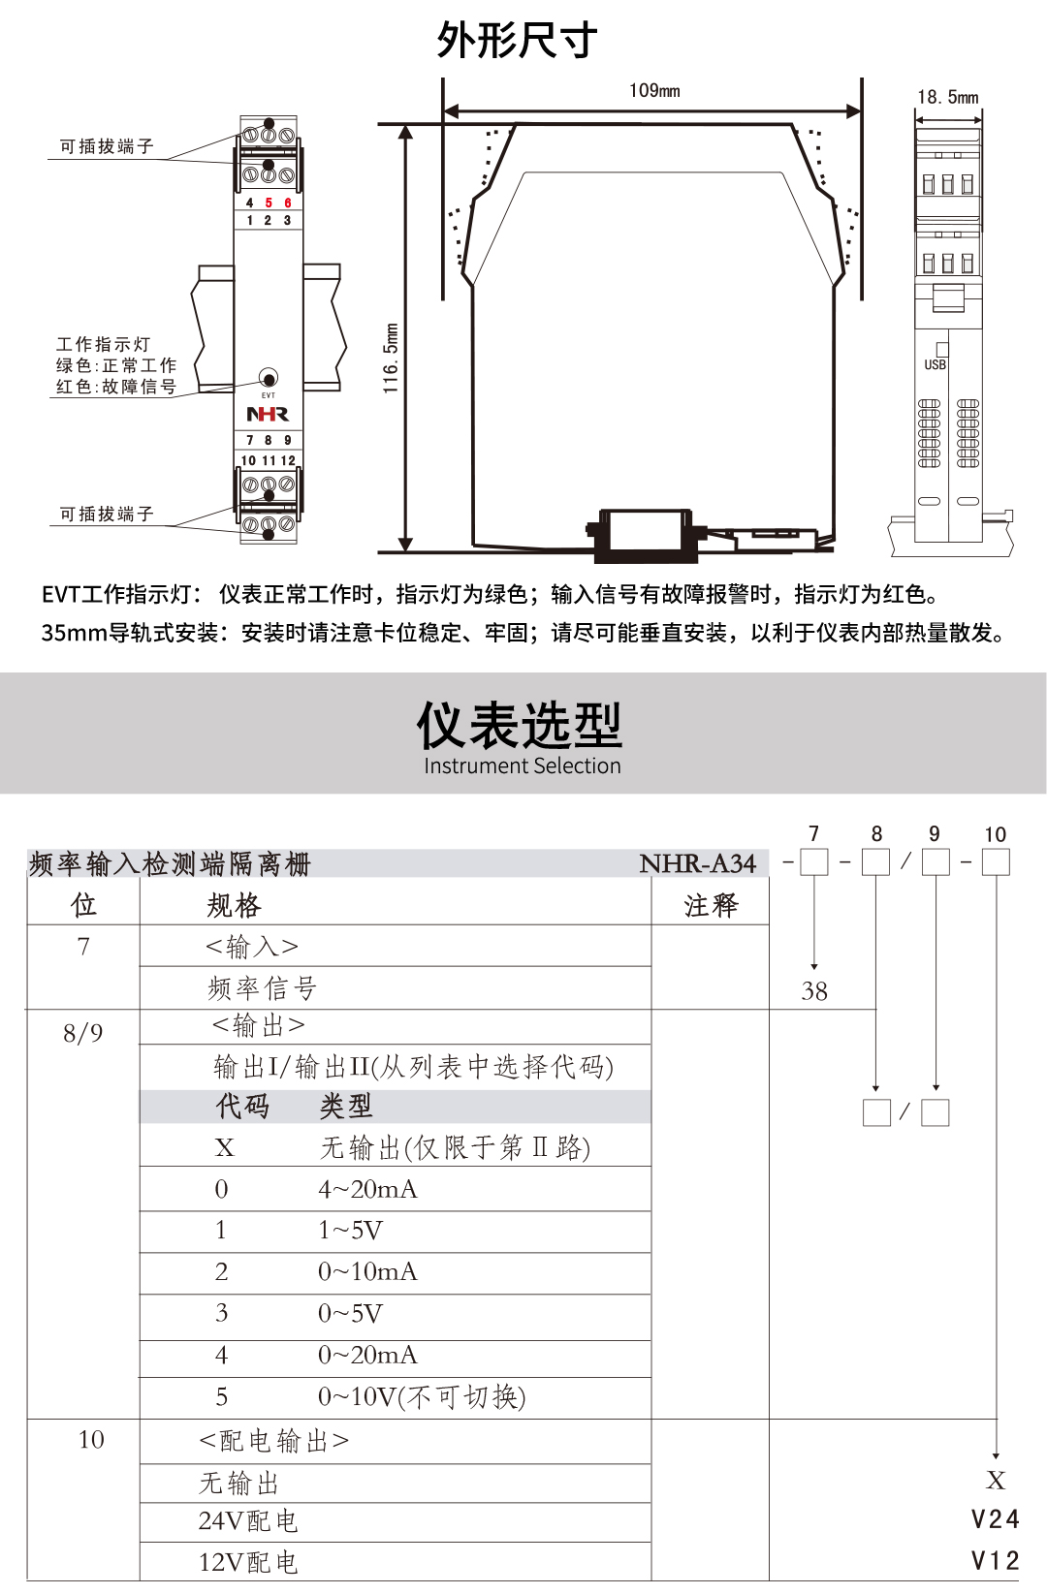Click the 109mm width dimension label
tap(654, 91)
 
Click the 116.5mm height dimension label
tap(391, 359)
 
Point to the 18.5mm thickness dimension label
tap(947, 97)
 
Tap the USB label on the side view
tap(935, 365)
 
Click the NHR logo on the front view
tap(268, 415)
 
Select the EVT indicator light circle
tap(269, 378)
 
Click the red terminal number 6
tap(288, 203)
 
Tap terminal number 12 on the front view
tap(288, 461)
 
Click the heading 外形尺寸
tap(518, 41)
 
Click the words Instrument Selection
tap(522, 766)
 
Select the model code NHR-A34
tap(697, 863)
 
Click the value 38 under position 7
tap(814, 991)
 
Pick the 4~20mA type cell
tap(367, 1189)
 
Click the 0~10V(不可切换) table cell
tap(422, 1397)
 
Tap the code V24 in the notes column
tap(996, 1519)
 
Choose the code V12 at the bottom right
tap(996, 1561)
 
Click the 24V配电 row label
tap(248, 1521)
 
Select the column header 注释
tap(711, 906)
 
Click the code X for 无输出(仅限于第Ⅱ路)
tap(224, 1148)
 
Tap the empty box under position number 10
tap(996, 862)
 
